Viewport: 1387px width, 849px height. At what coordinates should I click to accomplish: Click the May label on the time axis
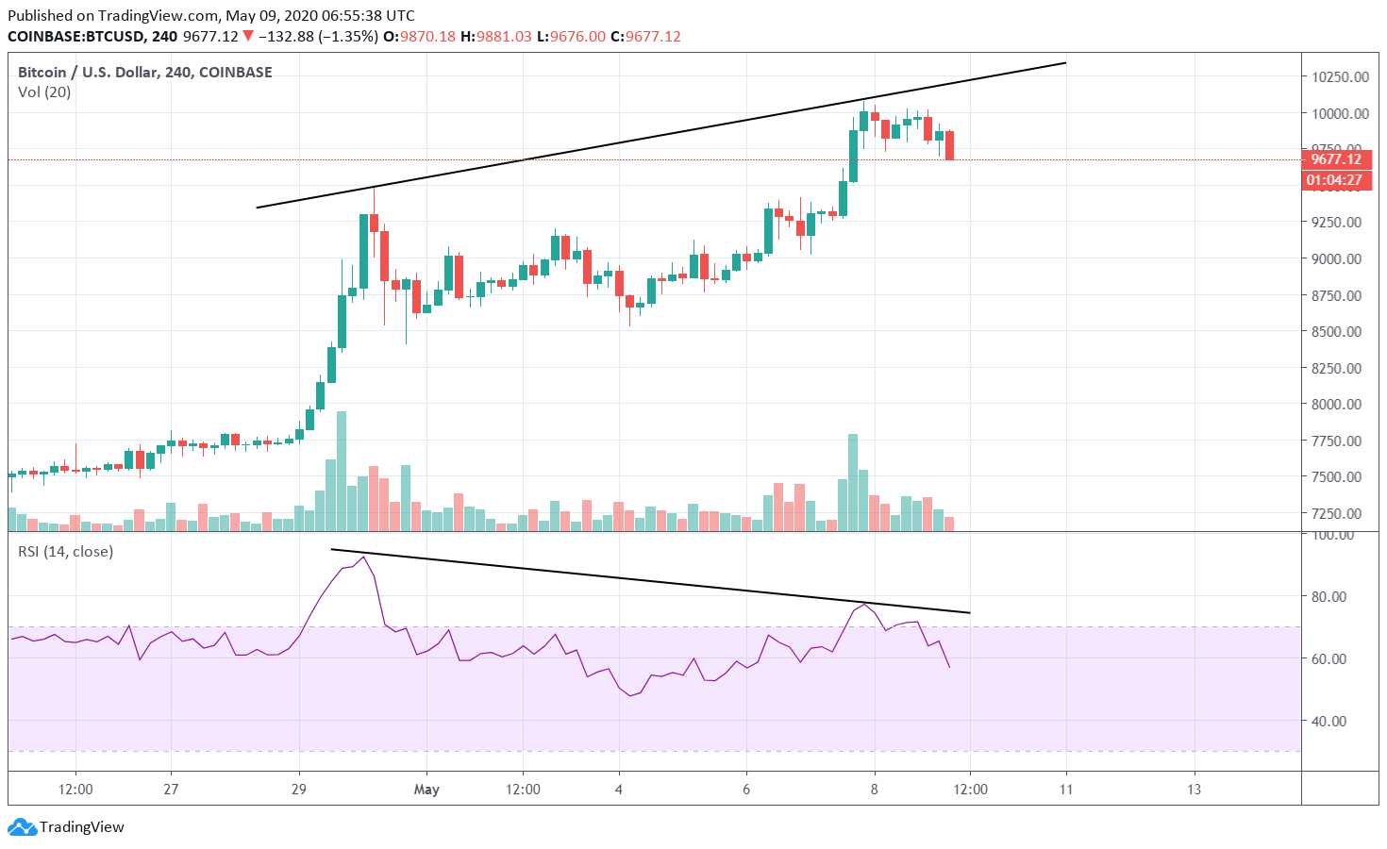click(426, 790)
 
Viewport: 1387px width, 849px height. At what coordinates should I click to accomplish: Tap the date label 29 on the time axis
click(299, 790)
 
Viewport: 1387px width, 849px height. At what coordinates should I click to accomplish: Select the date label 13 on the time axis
click(1194, 790)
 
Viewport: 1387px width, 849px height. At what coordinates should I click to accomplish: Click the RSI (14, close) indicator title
click(66, 552)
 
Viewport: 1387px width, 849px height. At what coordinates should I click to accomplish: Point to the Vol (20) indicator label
click(44, 92)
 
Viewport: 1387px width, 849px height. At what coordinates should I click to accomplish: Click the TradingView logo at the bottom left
click(67, 827)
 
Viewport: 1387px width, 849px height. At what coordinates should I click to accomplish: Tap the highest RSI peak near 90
click(363, 558)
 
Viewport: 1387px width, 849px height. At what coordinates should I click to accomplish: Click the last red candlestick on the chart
click(949, 145)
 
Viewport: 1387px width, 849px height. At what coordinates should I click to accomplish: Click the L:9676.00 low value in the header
click(571, 37)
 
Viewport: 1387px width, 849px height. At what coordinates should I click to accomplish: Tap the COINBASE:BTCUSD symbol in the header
click(76, 37)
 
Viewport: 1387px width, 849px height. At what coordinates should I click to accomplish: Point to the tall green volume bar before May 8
click(853, 482)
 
